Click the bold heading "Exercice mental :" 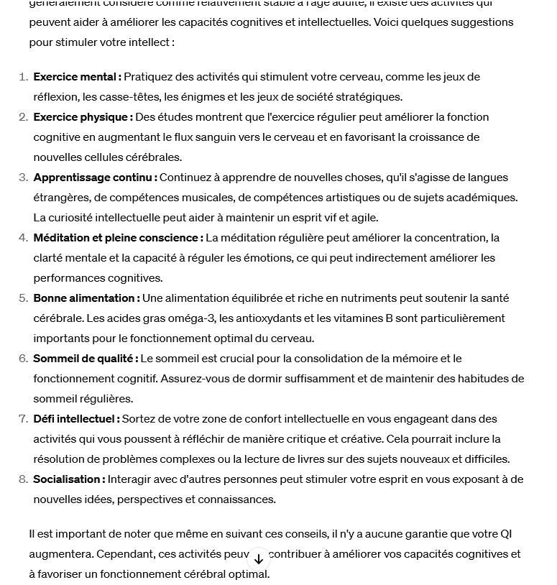77,77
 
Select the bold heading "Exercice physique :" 83,117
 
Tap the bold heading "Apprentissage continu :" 95,178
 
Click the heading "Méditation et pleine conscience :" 118,238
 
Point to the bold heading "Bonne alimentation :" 86,298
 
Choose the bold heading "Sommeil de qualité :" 86,359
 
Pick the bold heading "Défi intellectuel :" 76,419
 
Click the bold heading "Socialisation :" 69,479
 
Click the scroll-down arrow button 259,558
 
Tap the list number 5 23,298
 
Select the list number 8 23,479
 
